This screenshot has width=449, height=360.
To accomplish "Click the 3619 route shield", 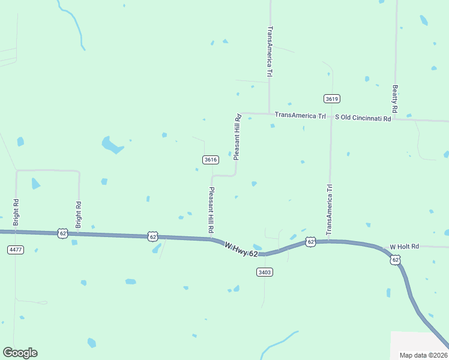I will [332, 98].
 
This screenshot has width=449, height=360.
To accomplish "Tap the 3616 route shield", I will [210, 160].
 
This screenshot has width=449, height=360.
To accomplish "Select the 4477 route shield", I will [16, 249].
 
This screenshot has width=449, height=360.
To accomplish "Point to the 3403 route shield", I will [264, 272].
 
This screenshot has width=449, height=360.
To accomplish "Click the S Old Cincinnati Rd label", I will [363, 118].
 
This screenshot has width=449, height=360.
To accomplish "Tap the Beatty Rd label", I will [395, 99].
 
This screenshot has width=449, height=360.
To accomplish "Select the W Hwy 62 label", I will [241, 250].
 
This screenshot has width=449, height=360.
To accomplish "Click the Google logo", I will [20, 353].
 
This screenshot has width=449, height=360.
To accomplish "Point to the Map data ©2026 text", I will [423, 355].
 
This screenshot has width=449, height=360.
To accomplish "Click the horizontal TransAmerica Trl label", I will [300, 115].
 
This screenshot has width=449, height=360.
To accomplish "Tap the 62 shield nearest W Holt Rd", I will [394, 260].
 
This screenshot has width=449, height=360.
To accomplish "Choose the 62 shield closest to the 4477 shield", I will [62, 233].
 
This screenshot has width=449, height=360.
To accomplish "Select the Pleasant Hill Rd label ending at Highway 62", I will [211, 210].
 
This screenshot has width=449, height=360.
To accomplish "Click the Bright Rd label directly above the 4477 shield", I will [16, 212].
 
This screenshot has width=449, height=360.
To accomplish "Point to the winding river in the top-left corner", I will [74, 24].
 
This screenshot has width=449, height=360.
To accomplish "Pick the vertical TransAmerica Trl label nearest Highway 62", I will [329, 209].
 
